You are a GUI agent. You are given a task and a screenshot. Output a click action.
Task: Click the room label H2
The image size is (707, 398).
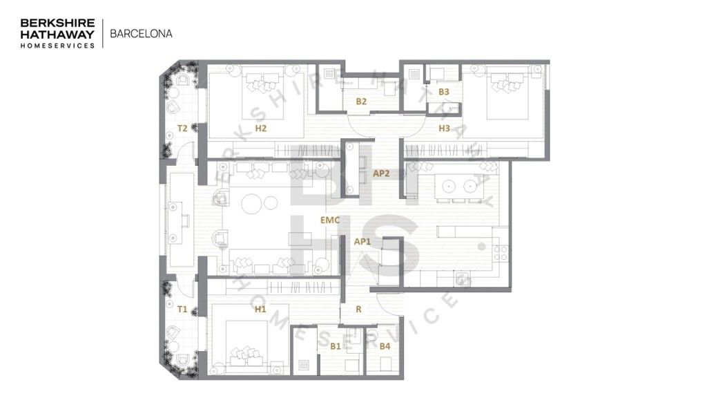[x=260, y=128]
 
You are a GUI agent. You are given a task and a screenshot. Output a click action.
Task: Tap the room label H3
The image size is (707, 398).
[x=444, y=128]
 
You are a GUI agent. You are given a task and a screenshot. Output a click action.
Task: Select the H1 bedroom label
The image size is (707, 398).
[x=260, y=309]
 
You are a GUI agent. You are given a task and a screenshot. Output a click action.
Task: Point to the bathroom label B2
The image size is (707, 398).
[x=361, y=102]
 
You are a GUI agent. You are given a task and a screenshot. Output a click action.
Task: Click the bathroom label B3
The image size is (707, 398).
[x=444, y=91]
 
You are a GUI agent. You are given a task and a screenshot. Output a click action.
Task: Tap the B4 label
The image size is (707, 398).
[x=385, y=345]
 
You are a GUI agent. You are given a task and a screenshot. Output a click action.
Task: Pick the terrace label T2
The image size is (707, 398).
[x=182, y=128]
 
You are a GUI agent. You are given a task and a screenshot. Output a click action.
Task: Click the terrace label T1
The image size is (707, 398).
[x=182, y=309]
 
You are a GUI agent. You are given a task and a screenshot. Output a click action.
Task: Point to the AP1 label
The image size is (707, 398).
[x=362, y=242]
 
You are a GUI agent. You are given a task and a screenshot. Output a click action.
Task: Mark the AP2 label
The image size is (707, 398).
[x=381, y=173]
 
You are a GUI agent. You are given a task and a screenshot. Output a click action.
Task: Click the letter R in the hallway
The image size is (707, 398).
[x=358, y=310]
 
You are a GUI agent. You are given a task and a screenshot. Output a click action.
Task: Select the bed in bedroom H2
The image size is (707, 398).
[x=263, y=91]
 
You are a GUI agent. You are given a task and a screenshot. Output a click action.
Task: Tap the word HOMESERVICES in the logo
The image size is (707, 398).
[x=57, y=45]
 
